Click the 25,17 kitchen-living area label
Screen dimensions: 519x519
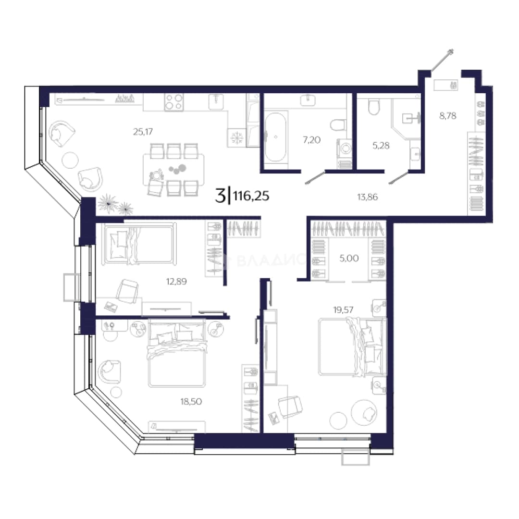pos(143,132)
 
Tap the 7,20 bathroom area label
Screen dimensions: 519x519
pos(312,140)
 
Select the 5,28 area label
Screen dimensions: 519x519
pos(381,145)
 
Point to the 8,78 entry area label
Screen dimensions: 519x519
pos(448,116)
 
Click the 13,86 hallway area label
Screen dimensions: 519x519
pos(368,197)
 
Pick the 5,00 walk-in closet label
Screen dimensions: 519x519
pos(349,258)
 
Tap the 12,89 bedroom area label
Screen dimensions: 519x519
pos(176,281)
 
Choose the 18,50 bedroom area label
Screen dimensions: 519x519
pos(191,401)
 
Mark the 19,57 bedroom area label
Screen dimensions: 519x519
pos(343,310)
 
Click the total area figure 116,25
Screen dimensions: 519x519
pos(251,196)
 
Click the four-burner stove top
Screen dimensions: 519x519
pos(174,101)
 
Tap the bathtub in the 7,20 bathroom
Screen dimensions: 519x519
pos(276,137)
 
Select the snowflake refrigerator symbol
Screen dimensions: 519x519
pos(236,137)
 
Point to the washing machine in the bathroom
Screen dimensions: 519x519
pos(345,148)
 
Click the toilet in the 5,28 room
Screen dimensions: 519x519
pos(374,107)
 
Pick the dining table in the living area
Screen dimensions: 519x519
pos(173,170)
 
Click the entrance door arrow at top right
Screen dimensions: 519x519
pos(442,60)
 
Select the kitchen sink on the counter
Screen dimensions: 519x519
pos(216,101)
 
